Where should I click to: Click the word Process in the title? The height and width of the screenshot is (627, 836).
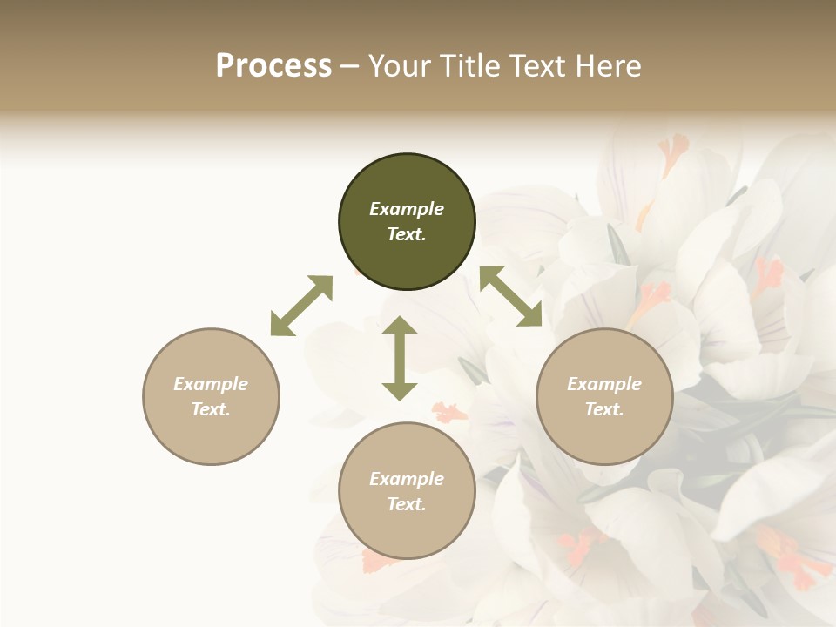tap(273, 66)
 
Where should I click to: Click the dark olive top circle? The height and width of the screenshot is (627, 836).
tap(407, 222)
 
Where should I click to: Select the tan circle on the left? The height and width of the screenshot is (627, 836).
tap(211, 396)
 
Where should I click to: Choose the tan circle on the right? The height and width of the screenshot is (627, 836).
tap(604, 396)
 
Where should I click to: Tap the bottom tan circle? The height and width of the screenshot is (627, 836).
tap(407, 491)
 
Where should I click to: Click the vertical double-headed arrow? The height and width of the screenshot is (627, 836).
tap(400, 358)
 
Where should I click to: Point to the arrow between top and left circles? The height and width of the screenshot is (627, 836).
tap(301, 306)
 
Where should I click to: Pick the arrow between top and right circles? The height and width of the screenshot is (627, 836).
tap(511, 297)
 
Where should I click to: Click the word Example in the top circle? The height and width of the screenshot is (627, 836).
tap(407, 209)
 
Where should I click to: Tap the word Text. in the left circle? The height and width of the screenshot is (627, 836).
tap(211, 409)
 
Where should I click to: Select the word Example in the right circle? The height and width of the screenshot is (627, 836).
tap(604, 384)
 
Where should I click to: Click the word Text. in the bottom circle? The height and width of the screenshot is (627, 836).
tap(407, 504)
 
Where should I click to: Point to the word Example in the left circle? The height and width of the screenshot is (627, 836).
tap(211, 384)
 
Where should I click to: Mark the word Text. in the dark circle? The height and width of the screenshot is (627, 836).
tap(407, 234)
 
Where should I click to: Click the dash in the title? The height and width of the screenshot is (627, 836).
tap(350, 66)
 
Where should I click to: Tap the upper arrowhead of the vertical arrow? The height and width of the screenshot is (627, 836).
tap(400, 327)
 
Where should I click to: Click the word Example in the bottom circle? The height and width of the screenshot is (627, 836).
tap(407, 479)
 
